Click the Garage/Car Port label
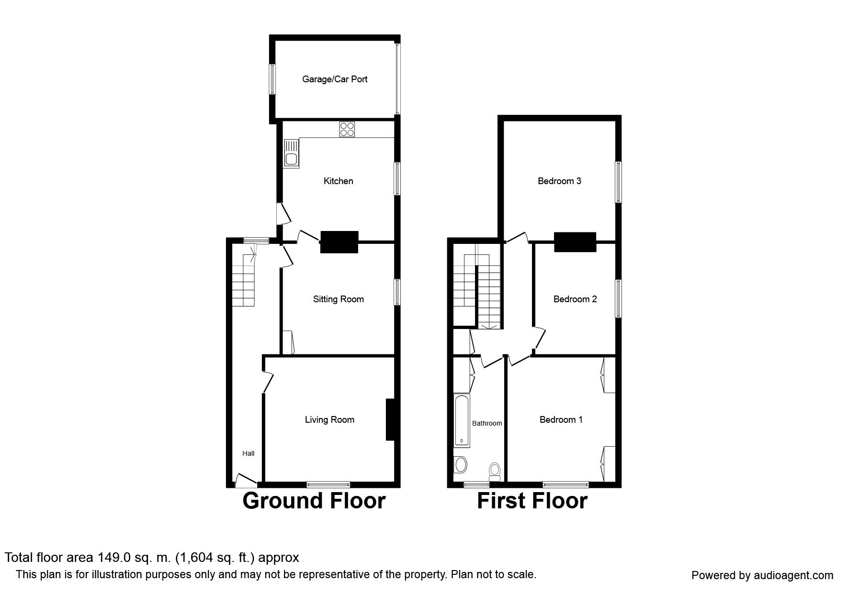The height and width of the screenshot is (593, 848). (334, 79)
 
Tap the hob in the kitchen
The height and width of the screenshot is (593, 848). (347, 129)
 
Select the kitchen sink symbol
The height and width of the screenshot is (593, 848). (291, 154)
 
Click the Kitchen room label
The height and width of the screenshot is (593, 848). (338, 181)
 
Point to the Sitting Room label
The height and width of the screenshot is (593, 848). (338, 299)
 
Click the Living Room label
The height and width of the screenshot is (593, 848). (329, 419)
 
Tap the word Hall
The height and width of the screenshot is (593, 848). (248, 453)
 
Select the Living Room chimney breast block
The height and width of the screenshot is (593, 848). (390, 419)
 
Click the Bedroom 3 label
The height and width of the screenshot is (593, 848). (559, 181)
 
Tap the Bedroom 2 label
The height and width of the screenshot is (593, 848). (575, 299)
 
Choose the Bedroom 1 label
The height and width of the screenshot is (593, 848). (561, 419)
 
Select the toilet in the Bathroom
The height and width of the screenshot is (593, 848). (495, 471)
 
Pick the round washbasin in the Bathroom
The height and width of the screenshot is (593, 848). (461, 464)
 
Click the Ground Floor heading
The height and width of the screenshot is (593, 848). (314, 501)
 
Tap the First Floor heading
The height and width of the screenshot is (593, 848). (532, 501)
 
